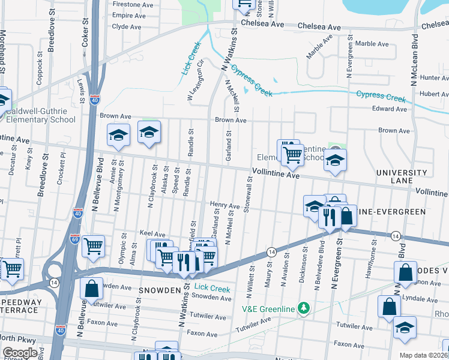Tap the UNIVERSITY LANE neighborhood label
point(402,176)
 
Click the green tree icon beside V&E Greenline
point(305,308)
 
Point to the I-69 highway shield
point(75,238)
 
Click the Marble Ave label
point(373,44)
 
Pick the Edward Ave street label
point(390,109)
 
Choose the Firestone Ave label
point(133,4)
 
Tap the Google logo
point(20,352)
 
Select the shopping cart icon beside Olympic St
point(93,246)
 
